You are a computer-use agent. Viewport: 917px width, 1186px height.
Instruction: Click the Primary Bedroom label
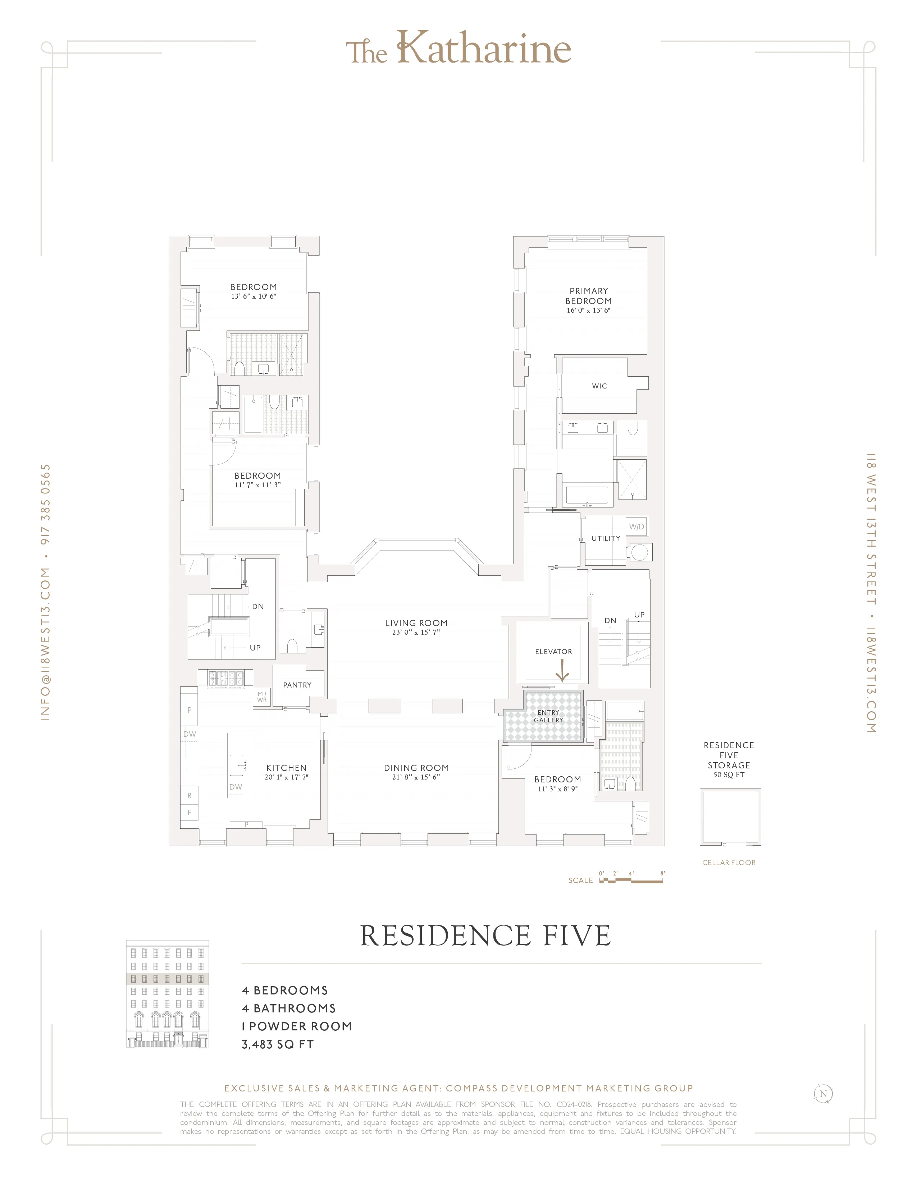(588, 296)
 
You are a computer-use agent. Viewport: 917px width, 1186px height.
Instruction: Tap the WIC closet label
(599, 386)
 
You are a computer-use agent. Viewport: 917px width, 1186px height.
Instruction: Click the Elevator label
(553, 652)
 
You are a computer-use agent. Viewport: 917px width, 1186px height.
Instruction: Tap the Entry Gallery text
(548, 716)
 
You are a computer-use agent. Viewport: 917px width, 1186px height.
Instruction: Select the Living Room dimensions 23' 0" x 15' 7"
(416, 633)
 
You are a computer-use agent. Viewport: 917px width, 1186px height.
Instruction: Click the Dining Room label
(416, 768)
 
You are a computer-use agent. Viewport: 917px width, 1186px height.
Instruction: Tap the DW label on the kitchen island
(235, 787)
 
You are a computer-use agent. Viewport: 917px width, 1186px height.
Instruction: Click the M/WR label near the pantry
(262, 697)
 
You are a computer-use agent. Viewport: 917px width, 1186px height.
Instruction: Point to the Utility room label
(606, 539)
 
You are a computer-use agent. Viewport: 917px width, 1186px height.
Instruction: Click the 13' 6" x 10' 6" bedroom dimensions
(253, 296)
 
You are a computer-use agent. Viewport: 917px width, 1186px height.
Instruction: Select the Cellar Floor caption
(729, 862)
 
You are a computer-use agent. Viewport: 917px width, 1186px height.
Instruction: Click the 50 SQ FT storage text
(729, 775)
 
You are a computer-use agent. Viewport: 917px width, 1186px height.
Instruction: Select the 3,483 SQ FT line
(278, 1044)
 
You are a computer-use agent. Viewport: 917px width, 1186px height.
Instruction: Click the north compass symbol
(823, 1094)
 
